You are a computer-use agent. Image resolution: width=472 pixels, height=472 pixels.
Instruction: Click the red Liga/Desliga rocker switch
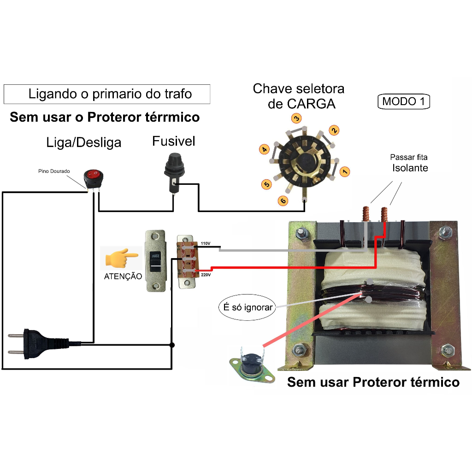point(91,176)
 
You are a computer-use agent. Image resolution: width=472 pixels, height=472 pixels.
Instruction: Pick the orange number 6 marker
point(283,200)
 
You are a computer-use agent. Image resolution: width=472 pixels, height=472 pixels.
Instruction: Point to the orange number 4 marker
point(264,149)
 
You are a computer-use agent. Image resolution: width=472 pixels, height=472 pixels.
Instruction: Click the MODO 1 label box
point(404,101)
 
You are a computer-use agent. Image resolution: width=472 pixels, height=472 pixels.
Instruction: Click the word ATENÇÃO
point(123,276)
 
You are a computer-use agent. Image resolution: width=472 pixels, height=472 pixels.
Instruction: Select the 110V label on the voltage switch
point(206,243)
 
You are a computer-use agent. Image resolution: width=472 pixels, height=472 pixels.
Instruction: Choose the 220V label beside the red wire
point(206,275)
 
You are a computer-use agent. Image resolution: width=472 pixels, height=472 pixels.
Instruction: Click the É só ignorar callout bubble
point(246,307)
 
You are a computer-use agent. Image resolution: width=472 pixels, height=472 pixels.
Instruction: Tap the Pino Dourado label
point(54,171)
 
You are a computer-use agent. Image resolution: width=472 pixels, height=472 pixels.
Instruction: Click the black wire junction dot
point(172,345)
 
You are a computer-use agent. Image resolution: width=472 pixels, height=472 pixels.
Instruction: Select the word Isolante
point(410,168)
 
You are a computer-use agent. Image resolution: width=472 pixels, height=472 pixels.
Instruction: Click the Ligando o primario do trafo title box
point(107,94)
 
